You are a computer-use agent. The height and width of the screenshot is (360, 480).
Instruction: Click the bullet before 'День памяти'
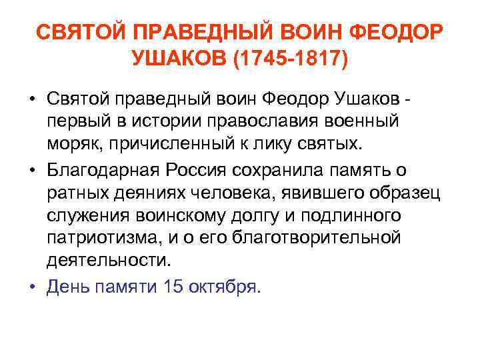[32, 287]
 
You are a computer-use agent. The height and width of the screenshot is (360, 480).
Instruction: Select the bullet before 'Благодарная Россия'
[32, 170]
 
